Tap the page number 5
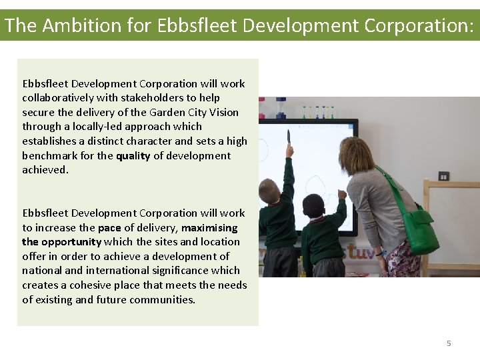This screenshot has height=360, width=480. click(449, 343)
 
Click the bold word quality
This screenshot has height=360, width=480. click(133, 156)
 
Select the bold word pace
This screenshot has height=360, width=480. click(109, 228)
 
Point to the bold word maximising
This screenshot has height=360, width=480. click(209, 228)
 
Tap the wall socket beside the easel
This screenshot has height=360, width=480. click(443, 176)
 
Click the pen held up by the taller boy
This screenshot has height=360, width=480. click(288, 137)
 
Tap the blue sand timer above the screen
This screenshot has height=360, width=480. click(281, 107)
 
